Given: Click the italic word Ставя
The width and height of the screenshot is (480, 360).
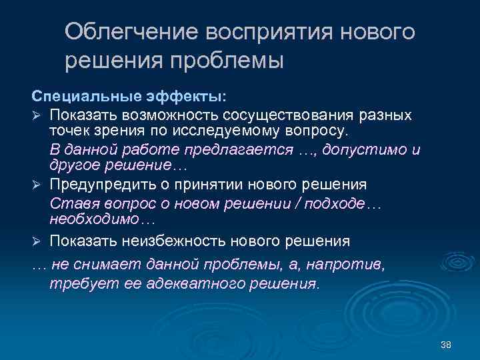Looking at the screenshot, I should coord(69,203).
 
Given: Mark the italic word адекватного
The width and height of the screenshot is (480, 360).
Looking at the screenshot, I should coord(177,283).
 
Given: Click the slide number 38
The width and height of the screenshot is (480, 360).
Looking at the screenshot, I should coord(446,344).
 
